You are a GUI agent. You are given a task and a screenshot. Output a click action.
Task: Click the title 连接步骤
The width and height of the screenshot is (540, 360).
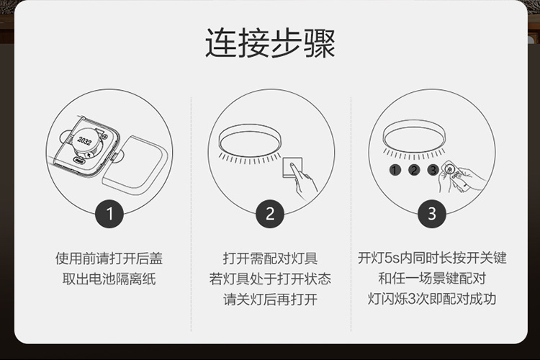pyautogui.click(x=270, y=44)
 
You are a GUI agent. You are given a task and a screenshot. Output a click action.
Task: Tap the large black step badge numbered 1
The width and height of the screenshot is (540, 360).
pyautogui.click(x=109, y=214)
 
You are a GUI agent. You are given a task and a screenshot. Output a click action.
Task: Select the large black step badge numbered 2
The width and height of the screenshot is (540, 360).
pyautogui.click(x=270, y=214)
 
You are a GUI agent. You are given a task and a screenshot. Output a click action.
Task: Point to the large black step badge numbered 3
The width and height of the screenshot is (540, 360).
pyautogui.click(x=432, y=214)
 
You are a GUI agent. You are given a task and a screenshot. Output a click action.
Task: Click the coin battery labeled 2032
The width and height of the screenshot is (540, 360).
pyautogui.click(x=85, y=140)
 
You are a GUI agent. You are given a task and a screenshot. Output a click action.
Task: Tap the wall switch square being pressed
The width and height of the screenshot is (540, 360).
pyautogui.click(x=292, y=168)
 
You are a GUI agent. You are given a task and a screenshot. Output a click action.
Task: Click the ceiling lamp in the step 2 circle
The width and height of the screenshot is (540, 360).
pyautogui.click(x=250, y=140)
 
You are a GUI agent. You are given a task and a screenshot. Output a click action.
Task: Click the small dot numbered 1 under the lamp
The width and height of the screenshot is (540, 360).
pyautogui.click(x=395, y=170)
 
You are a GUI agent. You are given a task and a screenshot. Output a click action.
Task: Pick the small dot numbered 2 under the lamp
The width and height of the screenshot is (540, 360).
pyautogui.click(x=414, y=170)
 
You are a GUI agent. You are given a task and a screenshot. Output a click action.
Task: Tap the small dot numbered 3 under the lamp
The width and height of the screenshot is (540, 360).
pyautogui.click(x=433, y=170)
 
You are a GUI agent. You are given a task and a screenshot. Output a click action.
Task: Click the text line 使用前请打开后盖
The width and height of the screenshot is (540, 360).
pyautogui.click(x=109, y=258)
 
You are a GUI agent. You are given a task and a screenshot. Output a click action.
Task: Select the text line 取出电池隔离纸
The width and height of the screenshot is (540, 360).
pyautogui.click(x=109, y=279)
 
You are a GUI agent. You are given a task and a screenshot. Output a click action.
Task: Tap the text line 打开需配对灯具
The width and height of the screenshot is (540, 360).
pyautogui.click(x=270, y=258)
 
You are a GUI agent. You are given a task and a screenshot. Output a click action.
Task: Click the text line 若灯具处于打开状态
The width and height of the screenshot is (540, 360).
pyautogui.click(x=270, y=279)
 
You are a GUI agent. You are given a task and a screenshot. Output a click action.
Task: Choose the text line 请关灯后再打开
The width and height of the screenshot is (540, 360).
pyautogui.click(x=270, y=300)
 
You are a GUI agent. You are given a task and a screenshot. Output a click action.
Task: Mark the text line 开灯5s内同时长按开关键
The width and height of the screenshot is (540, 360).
pyautogui.click(x=432, y=258)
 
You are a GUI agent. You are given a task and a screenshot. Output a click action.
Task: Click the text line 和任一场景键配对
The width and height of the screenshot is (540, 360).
pyautogui.click(x=432, y=278)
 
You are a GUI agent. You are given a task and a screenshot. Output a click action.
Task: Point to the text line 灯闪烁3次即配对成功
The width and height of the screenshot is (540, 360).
pyautogui.click(x=432, y=299)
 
